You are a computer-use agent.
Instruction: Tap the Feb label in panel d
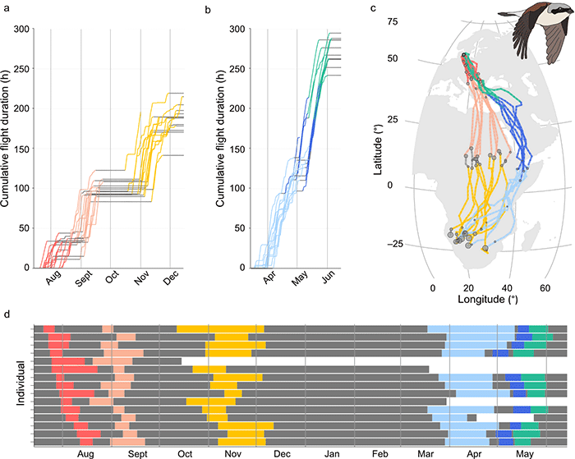coord(379,451)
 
